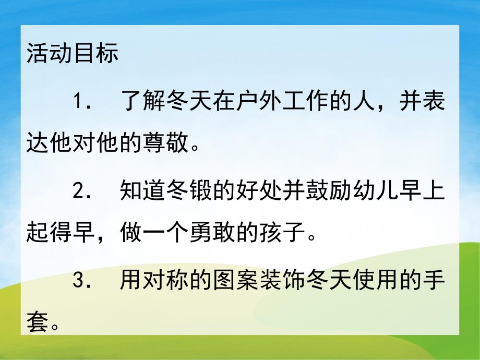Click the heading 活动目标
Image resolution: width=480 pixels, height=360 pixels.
coord(73,54)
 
